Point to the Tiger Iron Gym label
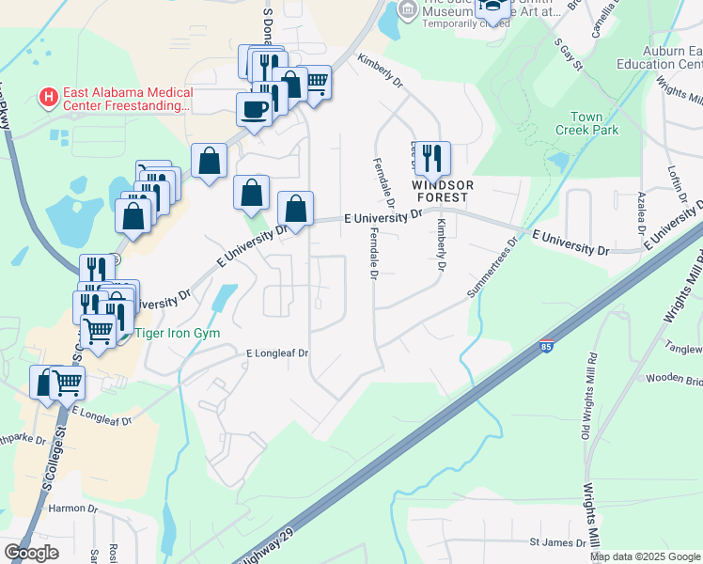pos(170,333)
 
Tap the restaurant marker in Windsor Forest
pos(432,158)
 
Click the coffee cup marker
pos(254,109)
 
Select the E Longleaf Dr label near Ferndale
pos(277,353)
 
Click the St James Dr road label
pos(557,542)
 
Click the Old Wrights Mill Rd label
pos(591,395)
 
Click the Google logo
pos(31,553)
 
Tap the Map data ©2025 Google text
pos(646,556)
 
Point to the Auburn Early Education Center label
pos(671,57)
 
